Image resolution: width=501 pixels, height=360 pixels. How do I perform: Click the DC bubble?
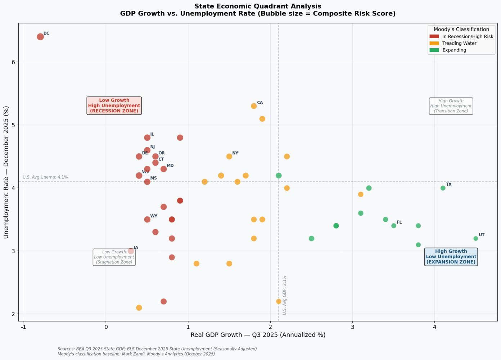pos(40,37)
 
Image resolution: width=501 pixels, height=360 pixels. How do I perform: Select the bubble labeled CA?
pos(254,106)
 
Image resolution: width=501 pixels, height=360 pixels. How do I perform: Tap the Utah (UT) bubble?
pos(476,239)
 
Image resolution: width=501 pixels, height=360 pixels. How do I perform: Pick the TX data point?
pos(443,188)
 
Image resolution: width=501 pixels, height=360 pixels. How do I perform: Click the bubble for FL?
pos(394,226)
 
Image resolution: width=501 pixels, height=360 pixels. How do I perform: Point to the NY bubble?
pos(229,157)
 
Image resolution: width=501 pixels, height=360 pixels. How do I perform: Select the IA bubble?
pos(131,251)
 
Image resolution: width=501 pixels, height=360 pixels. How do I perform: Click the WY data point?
pos(147,220)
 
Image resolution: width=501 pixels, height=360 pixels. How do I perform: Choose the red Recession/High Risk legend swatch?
pos(434,37)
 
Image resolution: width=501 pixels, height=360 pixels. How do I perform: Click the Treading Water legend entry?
pos(459,44)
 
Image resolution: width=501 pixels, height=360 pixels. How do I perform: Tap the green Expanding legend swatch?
pos(434,50)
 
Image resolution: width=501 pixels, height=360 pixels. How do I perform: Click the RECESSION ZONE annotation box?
pos(114,106)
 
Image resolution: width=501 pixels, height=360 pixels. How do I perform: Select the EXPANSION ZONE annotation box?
pos(451,257)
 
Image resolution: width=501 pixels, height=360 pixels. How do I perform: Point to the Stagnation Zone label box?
pos(114,257)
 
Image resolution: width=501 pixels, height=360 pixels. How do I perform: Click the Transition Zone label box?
pos(451,106)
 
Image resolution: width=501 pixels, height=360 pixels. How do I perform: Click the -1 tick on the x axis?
pos(24,327)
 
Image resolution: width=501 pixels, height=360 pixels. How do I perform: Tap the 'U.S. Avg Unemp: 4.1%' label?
pos(45,177)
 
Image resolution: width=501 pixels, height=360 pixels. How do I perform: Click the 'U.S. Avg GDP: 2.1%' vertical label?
pos(284,295)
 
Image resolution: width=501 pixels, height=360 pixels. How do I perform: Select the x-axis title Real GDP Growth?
pos(258,335)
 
